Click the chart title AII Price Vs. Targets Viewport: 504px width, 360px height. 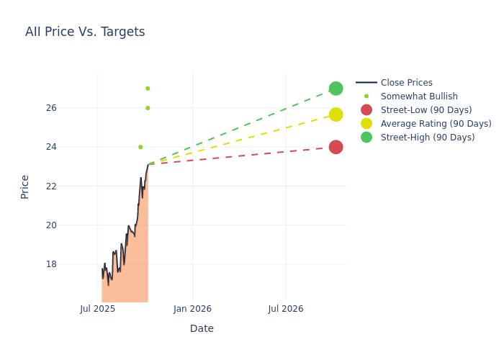[85, 32]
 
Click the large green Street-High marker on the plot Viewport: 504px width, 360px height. [336, 89]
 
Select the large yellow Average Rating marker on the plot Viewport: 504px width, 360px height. [336, 114]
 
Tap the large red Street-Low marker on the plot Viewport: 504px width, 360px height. [336, 147]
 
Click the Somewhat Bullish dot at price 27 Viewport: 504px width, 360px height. [148, 89]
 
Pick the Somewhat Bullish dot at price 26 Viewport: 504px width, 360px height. [148, 108]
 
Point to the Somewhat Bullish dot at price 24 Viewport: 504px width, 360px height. [140, 147]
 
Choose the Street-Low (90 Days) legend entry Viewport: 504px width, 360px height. [426, 110]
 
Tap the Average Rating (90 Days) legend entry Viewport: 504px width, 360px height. [436, 124]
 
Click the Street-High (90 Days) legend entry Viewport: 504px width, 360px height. [428, 138]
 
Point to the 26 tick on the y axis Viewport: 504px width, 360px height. [71, 108]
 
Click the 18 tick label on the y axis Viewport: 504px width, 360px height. [71, 264]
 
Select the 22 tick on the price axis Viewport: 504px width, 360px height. [71, 186]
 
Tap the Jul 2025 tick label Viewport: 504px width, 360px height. [98, 309]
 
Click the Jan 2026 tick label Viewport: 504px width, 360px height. [192, 309]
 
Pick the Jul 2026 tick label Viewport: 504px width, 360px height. [286, 309]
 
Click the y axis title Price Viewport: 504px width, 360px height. [25, 186]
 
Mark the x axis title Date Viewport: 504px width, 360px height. [202, 329]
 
